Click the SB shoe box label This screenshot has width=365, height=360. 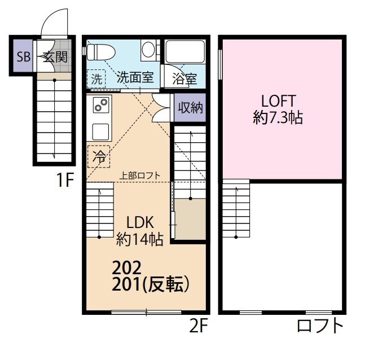point(24,56)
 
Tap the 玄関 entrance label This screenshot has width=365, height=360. point(55,56)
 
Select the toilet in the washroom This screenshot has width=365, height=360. point(101,52)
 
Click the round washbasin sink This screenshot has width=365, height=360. point(148,49)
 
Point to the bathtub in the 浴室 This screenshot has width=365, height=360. point(185,51)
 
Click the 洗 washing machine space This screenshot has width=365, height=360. point(96,78)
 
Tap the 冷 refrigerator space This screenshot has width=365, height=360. point(99,156)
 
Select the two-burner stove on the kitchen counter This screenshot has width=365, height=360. point(101,105)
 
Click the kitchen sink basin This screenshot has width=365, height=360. point(100,132)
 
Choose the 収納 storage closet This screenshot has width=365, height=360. point(190,107)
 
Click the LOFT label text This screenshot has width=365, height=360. point(279,101)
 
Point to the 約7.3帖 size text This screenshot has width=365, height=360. point(278,117)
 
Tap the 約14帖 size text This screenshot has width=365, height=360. point(139,239)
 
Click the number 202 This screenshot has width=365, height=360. point(126,268)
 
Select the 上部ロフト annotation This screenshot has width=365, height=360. point(140,175)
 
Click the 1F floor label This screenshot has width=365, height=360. point(65,180)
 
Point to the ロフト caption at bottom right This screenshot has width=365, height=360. point(320,326)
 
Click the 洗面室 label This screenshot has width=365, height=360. point(135,77)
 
